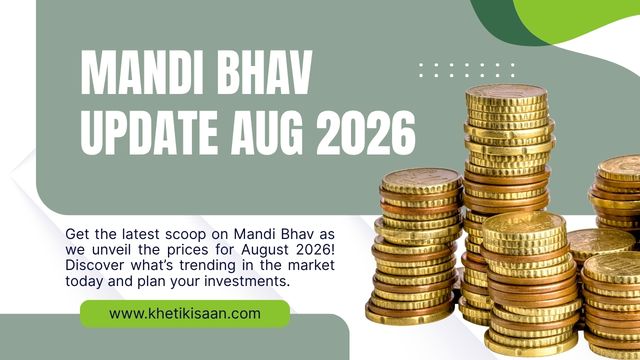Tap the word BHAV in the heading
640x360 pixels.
[264, 73]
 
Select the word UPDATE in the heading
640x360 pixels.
[149, 133]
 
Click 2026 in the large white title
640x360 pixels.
[366, 133]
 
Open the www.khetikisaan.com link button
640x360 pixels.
[185, 314]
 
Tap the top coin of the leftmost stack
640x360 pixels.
[421, 180]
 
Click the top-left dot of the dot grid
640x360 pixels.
[421, 64]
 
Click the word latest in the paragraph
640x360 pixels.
[141, 234]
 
